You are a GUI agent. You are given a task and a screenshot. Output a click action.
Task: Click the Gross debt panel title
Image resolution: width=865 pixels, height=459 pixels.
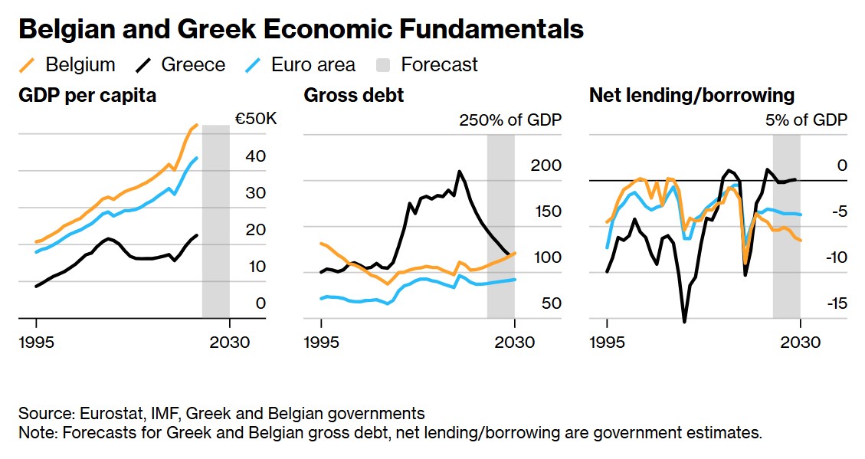[354, 96]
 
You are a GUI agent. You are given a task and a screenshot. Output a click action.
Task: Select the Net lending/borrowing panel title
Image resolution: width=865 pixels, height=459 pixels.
[691, 96]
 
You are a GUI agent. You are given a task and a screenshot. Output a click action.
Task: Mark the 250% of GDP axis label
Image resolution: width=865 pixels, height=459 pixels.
[509, 120]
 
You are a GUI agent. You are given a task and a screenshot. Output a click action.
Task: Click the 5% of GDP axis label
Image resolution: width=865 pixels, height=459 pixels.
[806, 120]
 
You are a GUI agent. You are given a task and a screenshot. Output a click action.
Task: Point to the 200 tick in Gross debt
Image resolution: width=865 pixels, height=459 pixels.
[546, 166]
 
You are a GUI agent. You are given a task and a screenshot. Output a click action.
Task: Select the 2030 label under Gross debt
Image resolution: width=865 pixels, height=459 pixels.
[514, 342]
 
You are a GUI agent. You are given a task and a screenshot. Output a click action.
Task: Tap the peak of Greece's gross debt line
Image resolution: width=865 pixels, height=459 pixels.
[460, 171]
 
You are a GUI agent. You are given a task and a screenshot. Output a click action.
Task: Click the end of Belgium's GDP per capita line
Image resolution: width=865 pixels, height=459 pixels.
[197, 125]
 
